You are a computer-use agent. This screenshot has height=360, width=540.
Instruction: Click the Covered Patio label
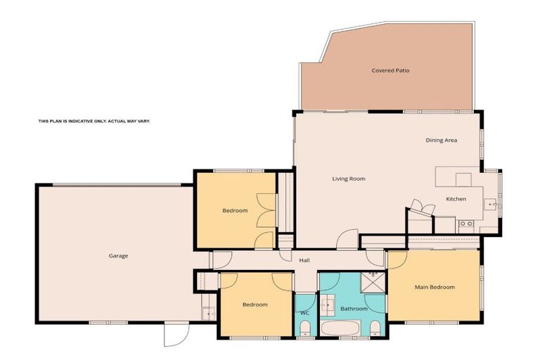point(390,70)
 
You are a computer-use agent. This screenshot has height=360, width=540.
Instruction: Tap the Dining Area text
point(441,141)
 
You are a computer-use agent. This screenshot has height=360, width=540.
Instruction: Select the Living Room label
point(349,179)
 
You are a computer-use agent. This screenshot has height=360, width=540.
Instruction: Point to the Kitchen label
point(456,199)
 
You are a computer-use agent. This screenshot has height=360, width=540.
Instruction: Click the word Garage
point(118,256)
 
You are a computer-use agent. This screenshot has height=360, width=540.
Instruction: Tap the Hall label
point(304,261)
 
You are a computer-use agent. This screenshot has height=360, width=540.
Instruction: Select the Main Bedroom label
point(434,287)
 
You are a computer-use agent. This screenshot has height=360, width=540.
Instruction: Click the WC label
point(304,312)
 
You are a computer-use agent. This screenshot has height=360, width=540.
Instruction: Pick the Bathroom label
point(354,309)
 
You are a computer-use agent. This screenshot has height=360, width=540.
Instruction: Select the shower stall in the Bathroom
point(373,283)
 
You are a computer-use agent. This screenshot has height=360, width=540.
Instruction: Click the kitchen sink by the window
point(491,205)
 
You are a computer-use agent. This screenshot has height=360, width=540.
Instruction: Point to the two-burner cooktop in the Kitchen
point(465,224)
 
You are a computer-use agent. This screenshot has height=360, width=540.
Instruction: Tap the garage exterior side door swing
point(176,335)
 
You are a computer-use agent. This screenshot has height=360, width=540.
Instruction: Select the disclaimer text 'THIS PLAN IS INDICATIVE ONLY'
point(94,121)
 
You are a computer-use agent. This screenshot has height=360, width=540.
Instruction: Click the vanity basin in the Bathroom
point(328,307)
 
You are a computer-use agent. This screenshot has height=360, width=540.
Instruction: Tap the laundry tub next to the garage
point(208,313)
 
